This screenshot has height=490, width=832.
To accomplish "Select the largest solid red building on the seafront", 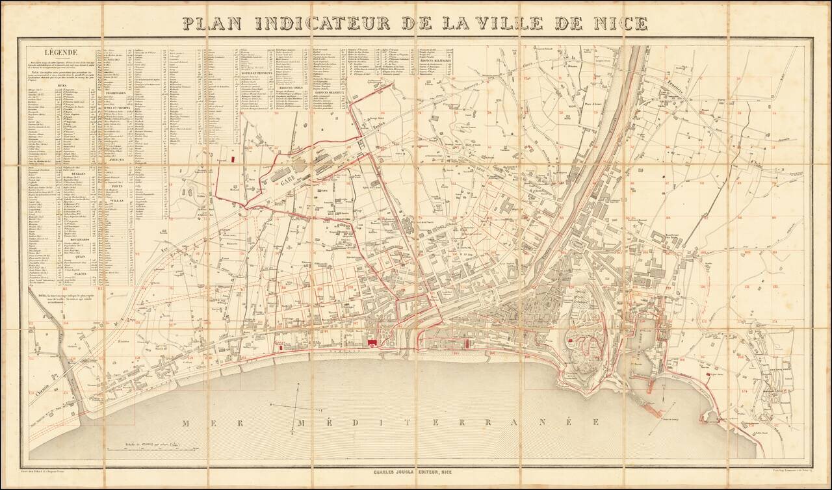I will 372,341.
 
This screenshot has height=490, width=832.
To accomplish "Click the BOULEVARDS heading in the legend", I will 79,239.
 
